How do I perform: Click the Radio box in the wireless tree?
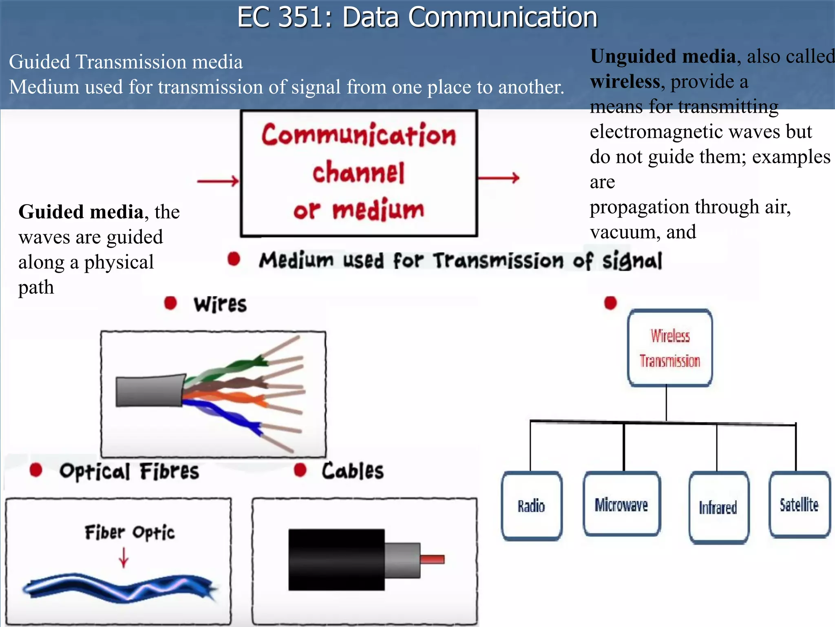point(531,506)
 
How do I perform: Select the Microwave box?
point(621,504)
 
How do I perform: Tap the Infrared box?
point(718,507)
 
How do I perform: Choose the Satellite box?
point(799,505)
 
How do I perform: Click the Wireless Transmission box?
point(670,348)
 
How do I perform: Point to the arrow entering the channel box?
point(218,181)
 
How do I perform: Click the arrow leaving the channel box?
point(498,178)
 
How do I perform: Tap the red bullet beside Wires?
point(170,303)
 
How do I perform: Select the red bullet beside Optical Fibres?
point(36,470)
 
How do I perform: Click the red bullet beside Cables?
point(300,470)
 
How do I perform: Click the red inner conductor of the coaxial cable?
point(432,559)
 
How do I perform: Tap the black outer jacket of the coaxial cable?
point(336,560)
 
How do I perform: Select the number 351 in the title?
point(300,17)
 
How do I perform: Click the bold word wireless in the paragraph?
point(625,81)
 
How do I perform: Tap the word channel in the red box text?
point(358,173)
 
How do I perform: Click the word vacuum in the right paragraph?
point(622,232)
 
